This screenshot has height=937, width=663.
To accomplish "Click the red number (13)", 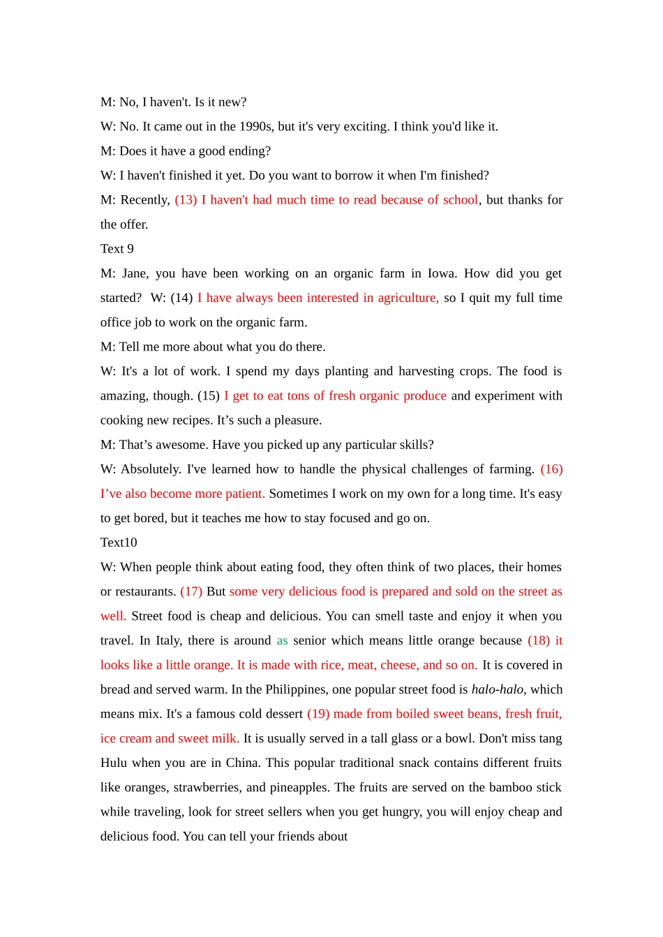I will [186, 200].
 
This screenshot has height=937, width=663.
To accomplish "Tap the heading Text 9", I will [117, 249].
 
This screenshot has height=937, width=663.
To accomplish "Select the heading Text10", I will [119, 542].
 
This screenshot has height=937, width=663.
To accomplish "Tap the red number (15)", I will [209, 396].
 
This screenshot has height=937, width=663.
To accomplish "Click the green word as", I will [282, 641].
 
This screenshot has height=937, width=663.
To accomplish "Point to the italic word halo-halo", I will [497, 690].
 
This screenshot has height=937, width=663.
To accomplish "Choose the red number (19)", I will [318, 714].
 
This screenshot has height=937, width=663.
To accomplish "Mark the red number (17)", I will [191, 592].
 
